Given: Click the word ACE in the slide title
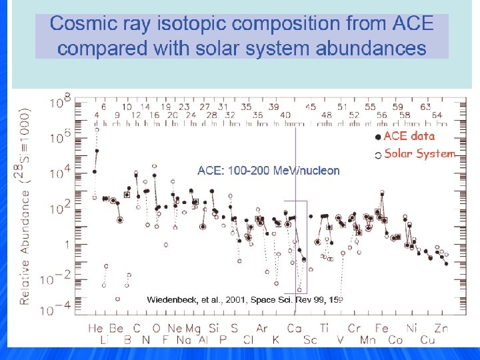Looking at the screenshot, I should [x=413, y=25].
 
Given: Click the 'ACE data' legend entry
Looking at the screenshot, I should [x=408, y=136].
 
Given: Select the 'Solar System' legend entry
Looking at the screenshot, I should [x=419, y=154].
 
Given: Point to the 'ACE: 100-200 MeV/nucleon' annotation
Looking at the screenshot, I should [x=269, y=171].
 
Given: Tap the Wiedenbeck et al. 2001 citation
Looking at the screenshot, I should [x=244, y=300].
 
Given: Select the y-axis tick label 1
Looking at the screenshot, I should [x=66, y=245].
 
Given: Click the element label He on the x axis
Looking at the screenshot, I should [x=96, y=328].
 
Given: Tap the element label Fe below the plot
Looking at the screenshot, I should [x=382, y=328].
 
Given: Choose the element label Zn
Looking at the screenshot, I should [x=441, y=328].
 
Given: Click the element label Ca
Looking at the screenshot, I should [x=294, y=328].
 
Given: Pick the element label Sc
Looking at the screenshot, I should [x=309, y=340].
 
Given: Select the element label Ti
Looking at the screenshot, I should [x=324, y=328].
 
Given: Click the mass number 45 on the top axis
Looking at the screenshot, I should [x=310, y=106].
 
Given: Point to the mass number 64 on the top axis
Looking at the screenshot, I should [x=437, y=115].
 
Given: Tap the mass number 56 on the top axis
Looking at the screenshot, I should [x=382, y=115].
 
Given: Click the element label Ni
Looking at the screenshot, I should [x=411, y=328].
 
